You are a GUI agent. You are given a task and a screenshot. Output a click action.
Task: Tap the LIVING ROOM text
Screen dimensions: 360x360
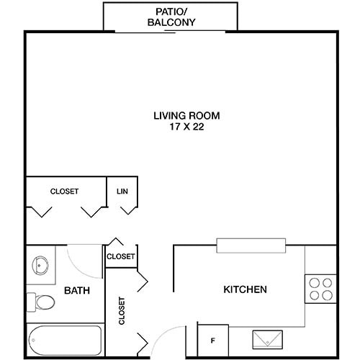tap(186, 115)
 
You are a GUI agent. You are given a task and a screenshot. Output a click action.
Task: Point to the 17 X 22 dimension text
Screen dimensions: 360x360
tap(186, 127)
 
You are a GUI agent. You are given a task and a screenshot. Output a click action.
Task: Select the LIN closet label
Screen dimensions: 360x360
tap(122, 191)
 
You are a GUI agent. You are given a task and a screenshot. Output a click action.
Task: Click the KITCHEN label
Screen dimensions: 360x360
tap(246, 290)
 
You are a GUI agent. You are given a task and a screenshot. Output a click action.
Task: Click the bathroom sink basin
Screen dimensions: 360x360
tap(40, 264)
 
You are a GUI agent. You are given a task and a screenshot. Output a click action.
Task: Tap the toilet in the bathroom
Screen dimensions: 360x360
tap(42, 301)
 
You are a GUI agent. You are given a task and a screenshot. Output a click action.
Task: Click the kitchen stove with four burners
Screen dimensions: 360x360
tap(320, 288)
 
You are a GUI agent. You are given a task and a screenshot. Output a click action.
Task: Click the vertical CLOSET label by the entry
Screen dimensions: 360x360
tap(121, 311)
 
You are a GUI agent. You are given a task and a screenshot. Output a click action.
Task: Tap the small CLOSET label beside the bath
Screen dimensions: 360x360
tap(121, 256)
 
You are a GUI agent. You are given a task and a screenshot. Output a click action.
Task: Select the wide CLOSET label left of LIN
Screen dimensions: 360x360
tap(64, 191)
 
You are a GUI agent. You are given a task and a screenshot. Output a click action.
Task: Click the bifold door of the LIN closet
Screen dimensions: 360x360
tap(129, 210)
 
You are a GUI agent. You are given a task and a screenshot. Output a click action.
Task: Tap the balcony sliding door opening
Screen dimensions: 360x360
tap(171, 31)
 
